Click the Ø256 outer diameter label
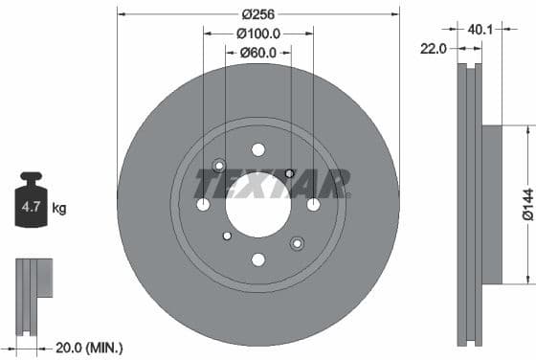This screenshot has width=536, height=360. [258, 14]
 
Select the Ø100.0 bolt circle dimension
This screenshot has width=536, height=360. [258, 34]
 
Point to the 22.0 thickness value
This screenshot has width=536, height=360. [434, 49]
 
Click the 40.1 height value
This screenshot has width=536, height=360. [480, 30]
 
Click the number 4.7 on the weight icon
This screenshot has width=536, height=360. [31, 207]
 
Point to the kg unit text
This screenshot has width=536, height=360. [58, 207]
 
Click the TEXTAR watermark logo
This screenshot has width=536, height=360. [272, 181]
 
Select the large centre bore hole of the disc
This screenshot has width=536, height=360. [258, 204]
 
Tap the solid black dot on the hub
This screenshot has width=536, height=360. [289, 173]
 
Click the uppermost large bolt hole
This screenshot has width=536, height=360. [258, 149]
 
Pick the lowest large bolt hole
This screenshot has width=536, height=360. [258, 259]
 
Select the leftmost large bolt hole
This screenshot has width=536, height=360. [203, 204]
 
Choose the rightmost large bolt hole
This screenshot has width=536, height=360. [313, 204]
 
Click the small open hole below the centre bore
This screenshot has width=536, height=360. [227, 236]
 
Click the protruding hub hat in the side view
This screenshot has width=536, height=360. [490, 204]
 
